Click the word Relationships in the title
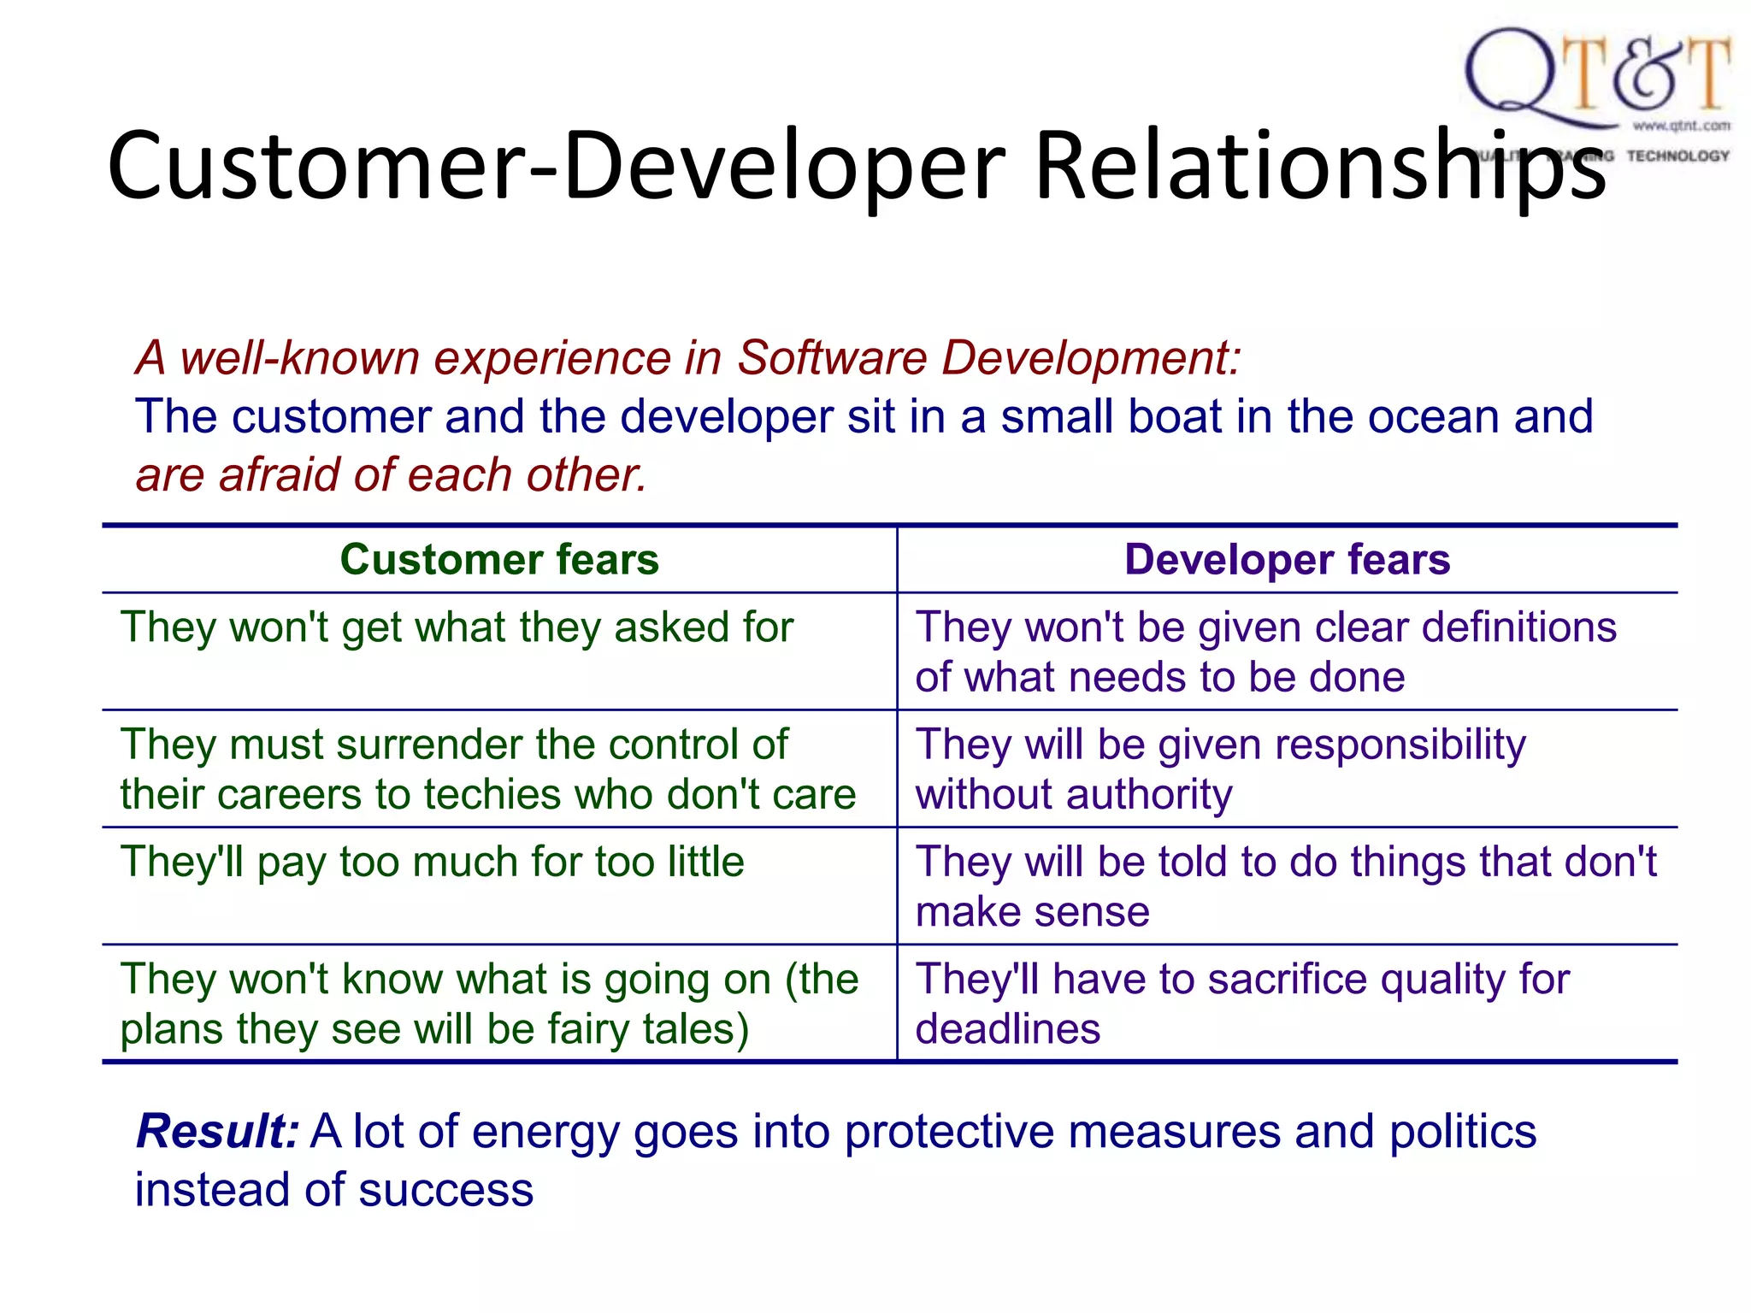coord(1320,166)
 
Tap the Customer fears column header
coord(499,560)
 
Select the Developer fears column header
coord(1287,560)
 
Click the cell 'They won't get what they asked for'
coord(457,627)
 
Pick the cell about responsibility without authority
coord(1220,768)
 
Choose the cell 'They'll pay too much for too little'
coord(432,862)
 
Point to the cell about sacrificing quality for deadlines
coord(1241,1004)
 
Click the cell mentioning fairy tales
coord(489,1004)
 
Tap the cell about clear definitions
coord(1265,651)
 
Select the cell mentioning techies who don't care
coord(487,768)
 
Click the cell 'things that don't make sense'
coord(1285,886)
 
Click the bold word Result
coord(216,1132)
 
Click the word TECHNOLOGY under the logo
coord(1677,156)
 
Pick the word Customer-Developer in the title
coord(556,166)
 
